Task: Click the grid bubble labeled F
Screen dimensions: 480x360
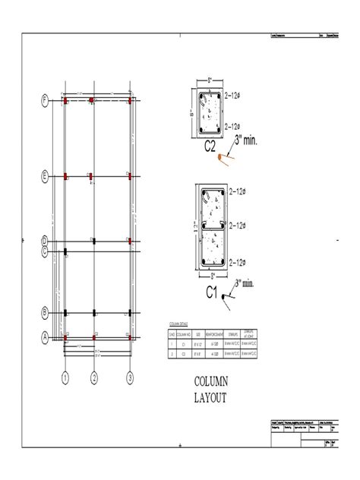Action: (x=46, y=100)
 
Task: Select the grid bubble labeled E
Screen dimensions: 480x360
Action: (x=46, y=175)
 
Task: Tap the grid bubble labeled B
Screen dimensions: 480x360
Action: (x=46, y=312)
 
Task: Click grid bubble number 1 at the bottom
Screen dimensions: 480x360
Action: (x=66, y=377)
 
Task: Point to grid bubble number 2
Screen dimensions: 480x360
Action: (x=94, y=377)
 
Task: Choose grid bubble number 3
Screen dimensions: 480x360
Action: (x=130, y=377)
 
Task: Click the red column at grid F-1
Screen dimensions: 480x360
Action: (x=66, y=100)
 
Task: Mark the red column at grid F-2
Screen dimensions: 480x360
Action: (x=92, y=100)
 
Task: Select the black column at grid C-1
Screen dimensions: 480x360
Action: (x=66, y=250)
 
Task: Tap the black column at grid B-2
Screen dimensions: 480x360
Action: (x=93, y=312)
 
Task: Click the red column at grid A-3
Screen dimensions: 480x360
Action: (x=130, y=335)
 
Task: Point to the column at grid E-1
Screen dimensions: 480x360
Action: (x=66, y=175)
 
